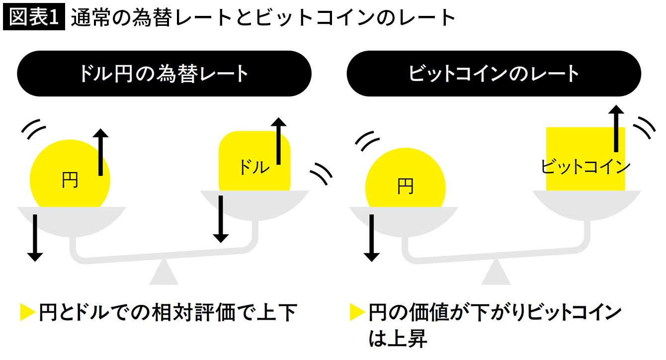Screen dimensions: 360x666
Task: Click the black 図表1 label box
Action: pos(34,18)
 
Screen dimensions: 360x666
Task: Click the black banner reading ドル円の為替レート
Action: pos(164,74)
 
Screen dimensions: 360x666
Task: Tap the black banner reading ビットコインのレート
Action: pos(494,74)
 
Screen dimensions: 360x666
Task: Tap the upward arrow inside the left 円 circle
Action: pos(101,152)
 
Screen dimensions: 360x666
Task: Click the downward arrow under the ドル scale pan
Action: pos(221,219)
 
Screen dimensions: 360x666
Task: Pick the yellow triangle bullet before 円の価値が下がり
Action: pos(357,313)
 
